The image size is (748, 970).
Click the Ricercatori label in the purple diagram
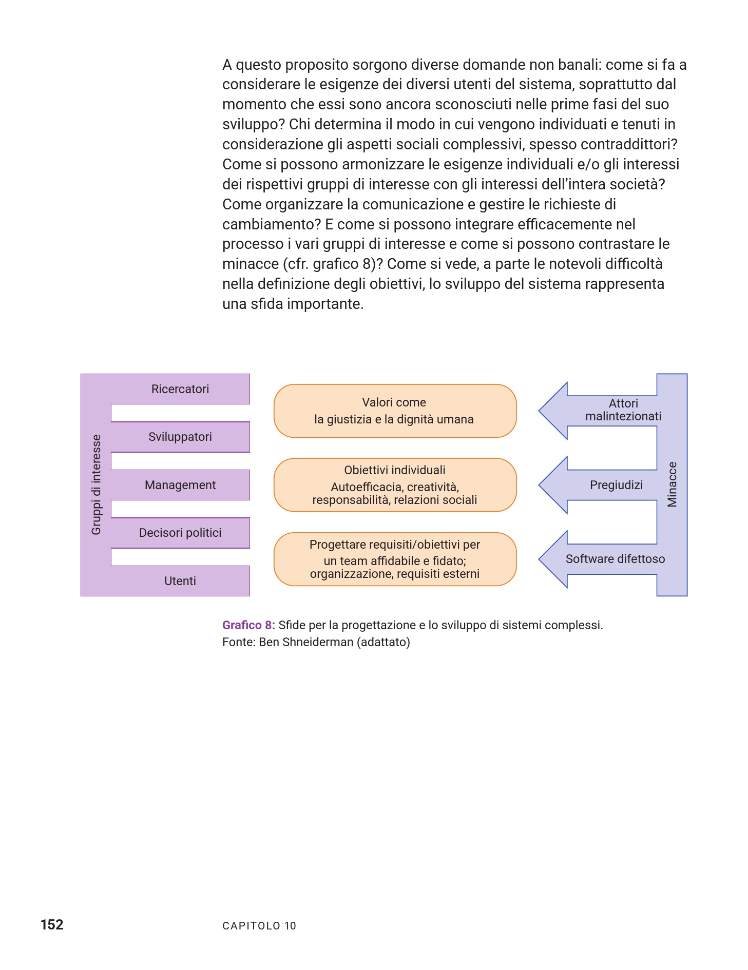point(180,389)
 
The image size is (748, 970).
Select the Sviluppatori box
point(180,437)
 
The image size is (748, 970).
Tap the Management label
point(180,485)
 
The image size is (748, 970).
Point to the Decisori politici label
point(180,533)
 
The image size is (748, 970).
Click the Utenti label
point(180,581)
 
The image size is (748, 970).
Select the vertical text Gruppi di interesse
point(96,485)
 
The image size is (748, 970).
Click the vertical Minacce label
point(672,484)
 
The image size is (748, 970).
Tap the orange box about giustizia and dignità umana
point(395,411)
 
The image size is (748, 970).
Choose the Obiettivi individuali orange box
point(395,484)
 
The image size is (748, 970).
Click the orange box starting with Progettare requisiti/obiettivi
point(395,559)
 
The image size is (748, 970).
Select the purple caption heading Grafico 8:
point(248,625)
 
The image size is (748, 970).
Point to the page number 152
point(52,925)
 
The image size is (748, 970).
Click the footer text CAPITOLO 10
point(259,926)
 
